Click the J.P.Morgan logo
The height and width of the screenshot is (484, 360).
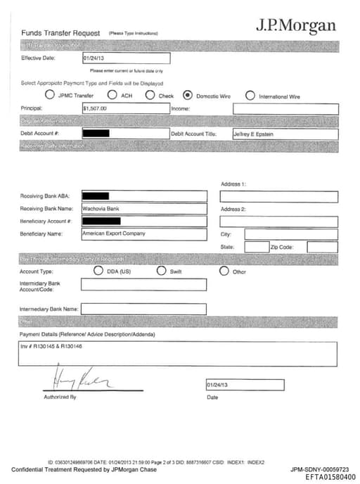[x=295, y=26]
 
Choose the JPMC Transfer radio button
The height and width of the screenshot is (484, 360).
[x=50, y=95]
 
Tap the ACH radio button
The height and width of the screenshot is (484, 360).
[x=112, y=95]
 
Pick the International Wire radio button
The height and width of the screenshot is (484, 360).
[x=250, y=95]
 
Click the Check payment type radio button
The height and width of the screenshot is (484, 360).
[x=150, y=95]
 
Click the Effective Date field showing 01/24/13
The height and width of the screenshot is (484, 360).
[x=126, y=58]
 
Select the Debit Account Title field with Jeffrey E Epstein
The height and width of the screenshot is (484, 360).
[x=285, y=134]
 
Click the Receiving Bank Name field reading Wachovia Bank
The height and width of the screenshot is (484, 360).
[x=144, y=209]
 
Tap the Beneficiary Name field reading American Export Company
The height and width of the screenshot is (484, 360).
[x=144, y=234]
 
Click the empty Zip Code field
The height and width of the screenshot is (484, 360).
[x=322, y=247]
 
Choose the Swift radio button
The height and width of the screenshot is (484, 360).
[x=161, y=271]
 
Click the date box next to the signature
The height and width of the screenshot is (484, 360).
[x=245, y=385]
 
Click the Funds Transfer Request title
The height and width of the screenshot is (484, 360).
[x=60, y=33]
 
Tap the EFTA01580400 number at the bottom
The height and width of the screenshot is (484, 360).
[x=330, y=477]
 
